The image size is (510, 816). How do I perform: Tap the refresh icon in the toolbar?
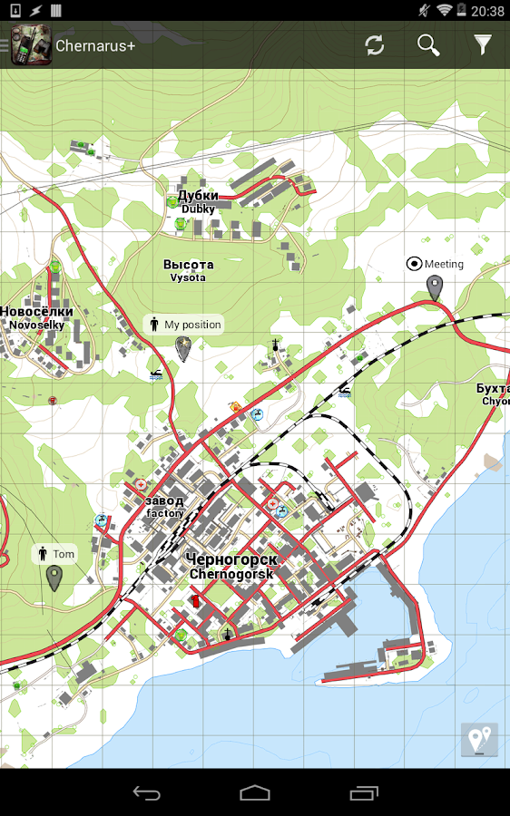[375, 45]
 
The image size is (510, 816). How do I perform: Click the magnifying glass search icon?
[428, 45]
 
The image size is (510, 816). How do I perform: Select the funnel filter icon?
[483, 44]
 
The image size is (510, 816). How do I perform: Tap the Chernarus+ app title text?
[95, 45]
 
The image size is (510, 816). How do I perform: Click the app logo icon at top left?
[31, 45]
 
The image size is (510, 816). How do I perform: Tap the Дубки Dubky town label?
[197, 201]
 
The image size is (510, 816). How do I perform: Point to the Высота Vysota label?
[188, 270]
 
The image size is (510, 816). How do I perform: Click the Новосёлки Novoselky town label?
[36, 317]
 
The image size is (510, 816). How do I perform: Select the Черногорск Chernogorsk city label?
[232, 566]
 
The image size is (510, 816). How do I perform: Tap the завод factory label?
[164, 506]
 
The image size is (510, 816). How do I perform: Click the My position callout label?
[183, 325]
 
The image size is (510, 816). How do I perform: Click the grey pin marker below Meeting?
[435, 288]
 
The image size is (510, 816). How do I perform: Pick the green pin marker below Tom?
[54, 578]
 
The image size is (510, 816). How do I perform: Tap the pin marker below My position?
[183, 348]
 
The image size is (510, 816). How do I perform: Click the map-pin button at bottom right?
[479, 739]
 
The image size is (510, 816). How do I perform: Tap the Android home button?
[255, 793]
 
